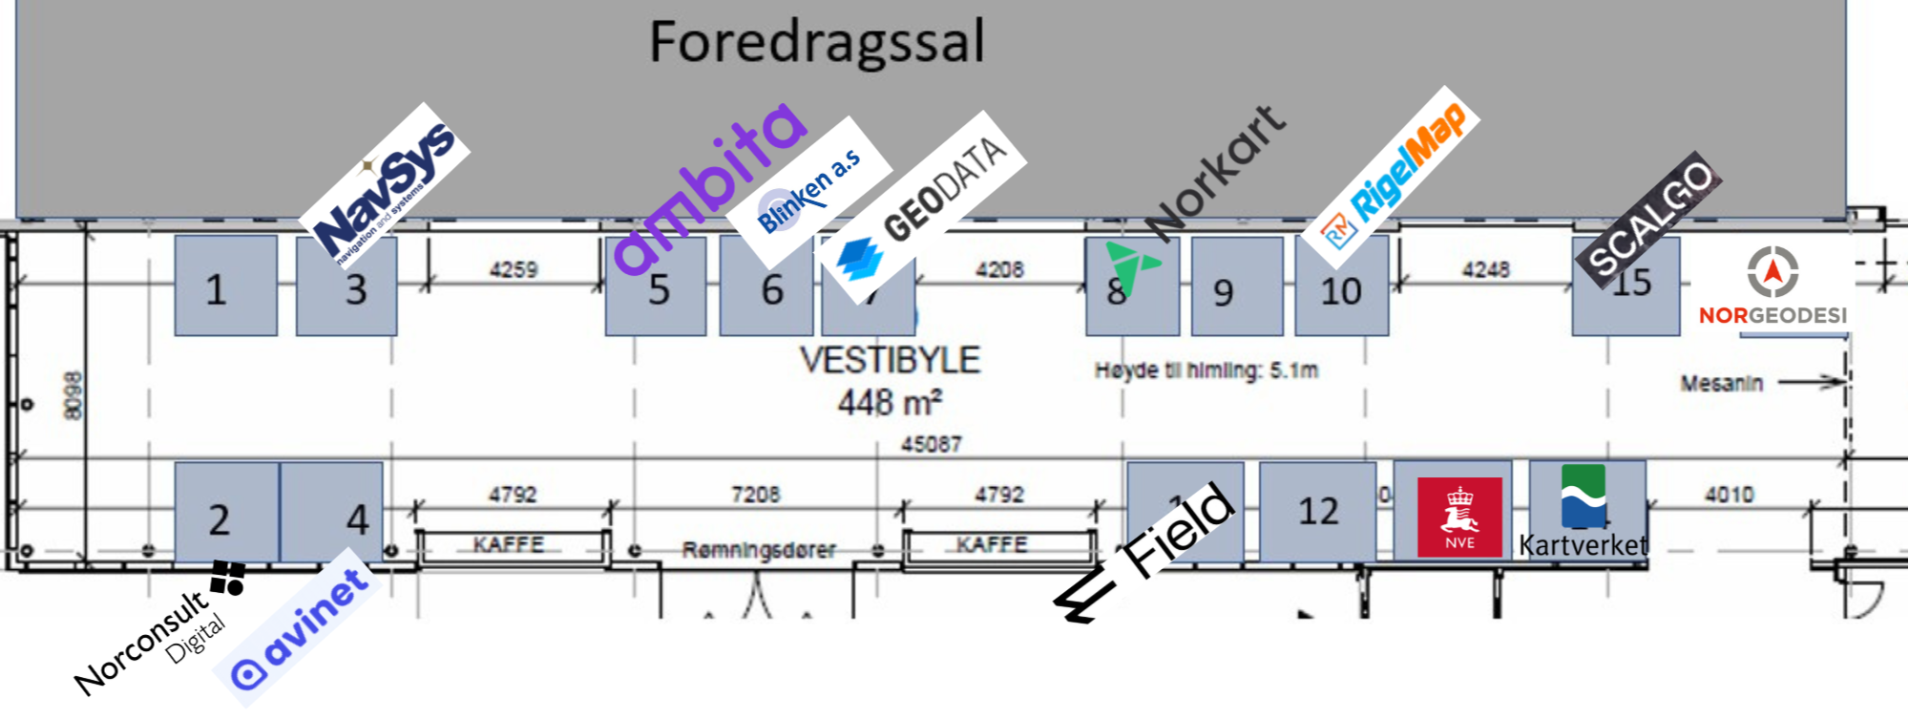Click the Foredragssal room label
[x=816, y=43]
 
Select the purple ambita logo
[x=711, y=186]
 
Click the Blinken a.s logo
[x=809, y=191]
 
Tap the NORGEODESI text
[x=1773, y=315]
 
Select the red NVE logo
[x=1459, y=516]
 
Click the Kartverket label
[x=1584, y=545]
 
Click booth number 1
[x=217, y=289]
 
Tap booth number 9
[x=1223, y=292]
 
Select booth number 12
[x=1318, y=512]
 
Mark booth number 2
[x=220, y=520]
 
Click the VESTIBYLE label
[x=890, y=360]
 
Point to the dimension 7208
[x=755, y=495]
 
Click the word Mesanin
[x=1721, y=384]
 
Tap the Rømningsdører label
[x=759, y=550]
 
